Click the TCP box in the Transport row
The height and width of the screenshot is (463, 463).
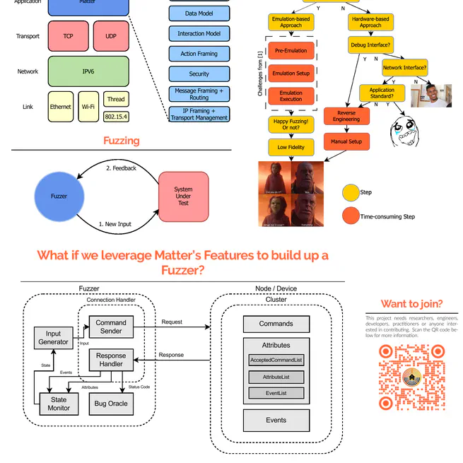point(68,36)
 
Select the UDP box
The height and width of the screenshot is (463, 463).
point(111,36)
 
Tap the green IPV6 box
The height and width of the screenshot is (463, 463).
point(88,71)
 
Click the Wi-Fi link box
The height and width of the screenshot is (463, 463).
point(88,107)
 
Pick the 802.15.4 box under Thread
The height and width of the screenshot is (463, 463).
point(116,116)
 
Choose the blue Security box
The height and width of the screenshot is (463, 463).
point(199,74)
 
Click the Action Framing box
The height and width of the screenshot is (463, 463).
point(199,54)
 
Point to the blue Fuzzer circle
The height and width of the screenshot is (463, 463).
point(59,196)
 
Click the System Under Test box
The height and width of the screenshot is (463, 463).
point(183,196)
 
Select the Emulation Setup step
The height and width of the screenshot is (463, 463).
point(291,74)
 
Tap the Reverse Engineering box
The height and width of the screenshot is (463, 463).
point(346,116)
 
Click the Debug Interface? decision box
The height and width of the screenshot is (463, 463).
point(370,45)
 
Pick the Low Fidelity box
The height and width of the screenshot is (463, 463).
point(291,147)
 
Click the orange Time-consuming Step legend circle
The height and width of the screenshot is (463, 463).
point(351,216)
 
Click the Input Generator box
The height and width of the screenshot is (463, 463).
point(54,338)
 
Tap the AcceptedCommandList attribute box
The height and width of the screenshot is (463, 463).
point(276,361)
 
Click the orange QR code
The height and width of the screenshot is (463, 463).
point(411,377)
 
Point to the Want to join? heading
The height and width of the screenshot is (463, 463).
point(411,304)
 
